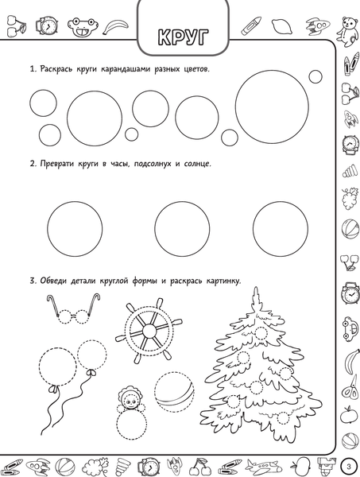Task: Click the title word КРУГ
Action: pos(184,37)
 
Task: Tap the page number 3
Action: pos(349,466)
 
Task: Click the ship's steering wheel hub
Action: pos(149,329)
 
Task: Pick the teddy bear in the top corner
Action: pos(348,30)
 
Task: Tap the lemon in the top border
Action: pos(282,26)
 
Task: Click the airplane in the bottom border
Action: pos(263,466)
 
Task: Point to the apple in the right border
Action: pos(349,415)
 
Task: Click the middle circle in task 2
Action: pos(182,229)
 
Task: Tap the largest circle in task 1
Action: pos(273,107)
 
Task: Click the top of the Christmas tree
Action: pos(256,288)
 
